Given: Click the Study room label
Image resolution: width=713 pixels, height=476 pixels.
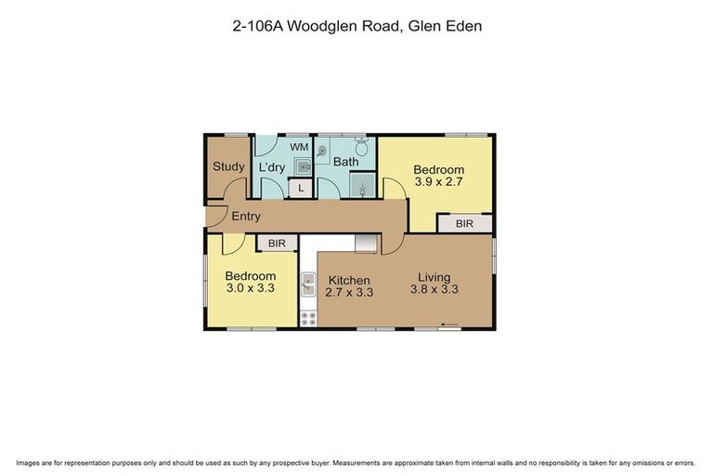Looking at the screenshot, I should (228, 167).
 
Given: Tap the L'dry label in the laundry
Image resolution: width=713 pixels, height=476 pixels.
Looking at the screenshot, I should (272, 167).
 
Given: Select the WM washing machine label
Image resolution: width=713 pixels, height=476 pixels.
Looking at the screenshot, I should (298, 147).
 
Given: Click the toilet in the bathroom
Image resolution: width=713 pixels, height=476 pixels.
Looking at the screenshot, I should (363, 149).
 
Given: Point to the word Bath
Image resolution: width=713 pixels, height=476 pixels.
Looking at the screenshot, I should (346, 163).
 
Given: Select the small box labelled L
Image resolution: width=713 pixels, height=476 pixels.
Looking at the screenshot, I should (300, 189).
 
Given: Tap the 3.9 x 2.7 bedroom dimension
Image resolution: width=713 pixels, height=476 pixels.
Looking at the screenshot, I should (438, 183).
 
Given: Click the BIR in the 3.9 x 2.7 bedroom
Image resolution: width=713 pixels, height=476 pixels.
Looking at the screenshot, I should (465, 224).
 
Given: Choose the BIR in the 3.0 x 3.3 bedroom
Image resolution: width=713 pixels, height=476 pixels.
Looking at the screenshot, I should (277, 244).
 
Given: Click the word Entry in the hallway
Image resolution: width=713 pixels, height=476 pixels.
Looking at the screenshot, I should (246, 217).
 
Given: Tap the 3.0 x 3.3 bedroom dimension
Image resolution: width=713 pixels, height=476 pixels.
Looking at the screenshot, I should (251, 290).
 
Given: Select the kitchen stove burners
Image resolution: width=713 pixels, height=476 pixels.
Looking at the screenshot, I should (308, 318).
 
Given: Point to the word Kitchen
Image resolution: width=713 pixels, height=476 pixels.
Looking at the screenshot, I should (347, 280).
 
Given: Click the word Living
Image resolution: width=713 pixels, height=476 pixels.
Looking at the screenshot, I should (434, 276).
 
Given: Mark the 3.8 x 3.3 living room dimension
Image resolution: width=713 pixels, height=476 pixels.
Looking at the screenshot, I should (434, 290).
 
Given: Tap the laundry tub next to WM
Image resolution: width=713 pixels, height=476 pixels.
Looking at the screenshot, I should (302, 166).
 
